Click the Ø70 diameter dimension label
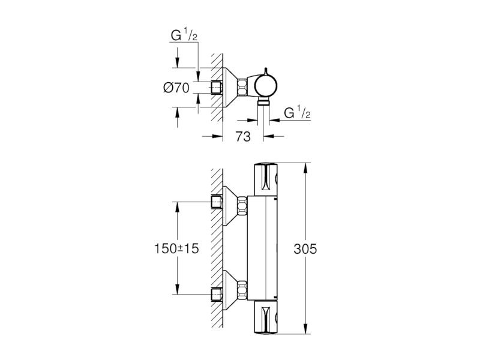(176, 88)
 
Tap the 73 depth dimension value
(243, 137)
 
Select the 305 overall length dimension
(305, 249)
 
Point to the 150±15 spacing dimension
(176, 248)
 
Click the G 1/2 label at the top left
(184, 36)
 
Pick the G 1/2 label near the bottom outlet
(297, 113)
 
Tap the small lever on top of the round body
(265, 71)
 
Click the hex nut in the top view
(242, 87)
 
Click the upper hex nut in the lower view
(242, 206)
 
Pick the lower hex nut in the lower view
(242, 290)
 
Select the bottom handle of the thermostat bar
(265, 317)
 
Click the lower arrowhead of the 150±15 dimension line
(177, 290)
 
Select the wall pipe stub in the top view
(217, 88)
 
